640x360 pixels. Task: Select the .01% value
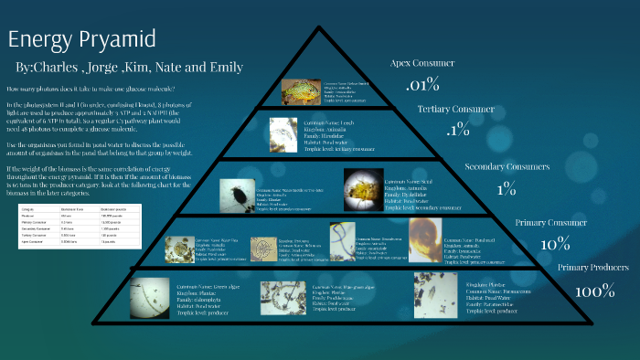tap(423, 85)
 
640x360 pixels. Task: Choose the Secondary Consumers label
tap(507, 167)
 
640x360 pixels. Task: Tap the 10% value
tap(555, 245)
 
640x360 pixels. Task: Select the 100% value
tap(595, 291)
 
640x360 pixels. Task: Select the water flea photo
tap(179, 249)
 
